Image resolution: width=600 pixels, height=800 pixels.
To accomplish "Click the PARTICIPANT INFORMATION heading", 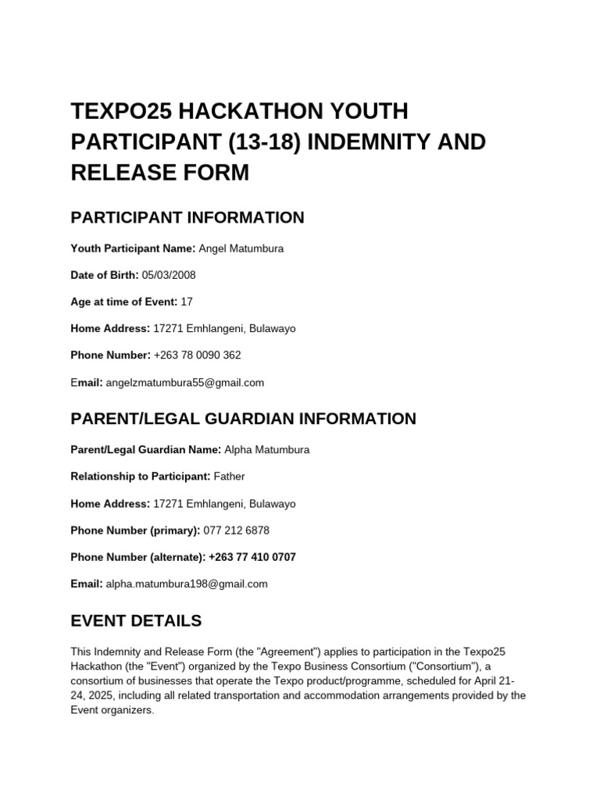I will pyautogui.click(x=187, y=217).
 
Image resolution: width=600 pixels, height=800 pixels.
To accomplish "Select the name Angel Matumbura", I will pyautogui.click(x=241, y=248).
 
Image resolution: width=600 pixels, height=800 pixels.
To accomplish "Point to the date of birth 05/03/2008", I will pyautogui.click(x=169, y=275).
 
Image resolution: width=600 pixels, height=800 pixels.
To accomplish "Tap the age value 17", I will pyautogui.click(x=187, y=302).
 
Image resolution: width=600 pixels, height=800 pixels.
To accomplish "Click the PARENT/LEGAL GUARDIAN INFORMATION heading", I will pyautogui.click(x=243, y=419).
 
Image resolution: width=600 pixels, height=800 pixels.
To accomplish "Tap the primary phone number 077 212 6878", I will pyautogui.click(x=236, y=530).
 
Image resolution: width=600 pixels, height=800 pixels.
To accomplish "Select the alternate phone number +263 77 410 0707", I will pyautogui.click(x=252, y=557).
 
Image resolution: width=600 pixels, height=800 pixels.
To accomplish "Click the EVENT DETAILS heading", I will pyautogui.click(x=136, y=621).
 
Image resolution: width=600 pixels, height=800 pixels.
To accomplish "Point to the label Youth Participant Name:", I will pyautogui.click(x=133, y=248).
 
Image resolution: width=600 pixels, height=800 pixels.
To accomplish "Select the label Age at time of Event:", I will pyautogui.click(x=124, y=302).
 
